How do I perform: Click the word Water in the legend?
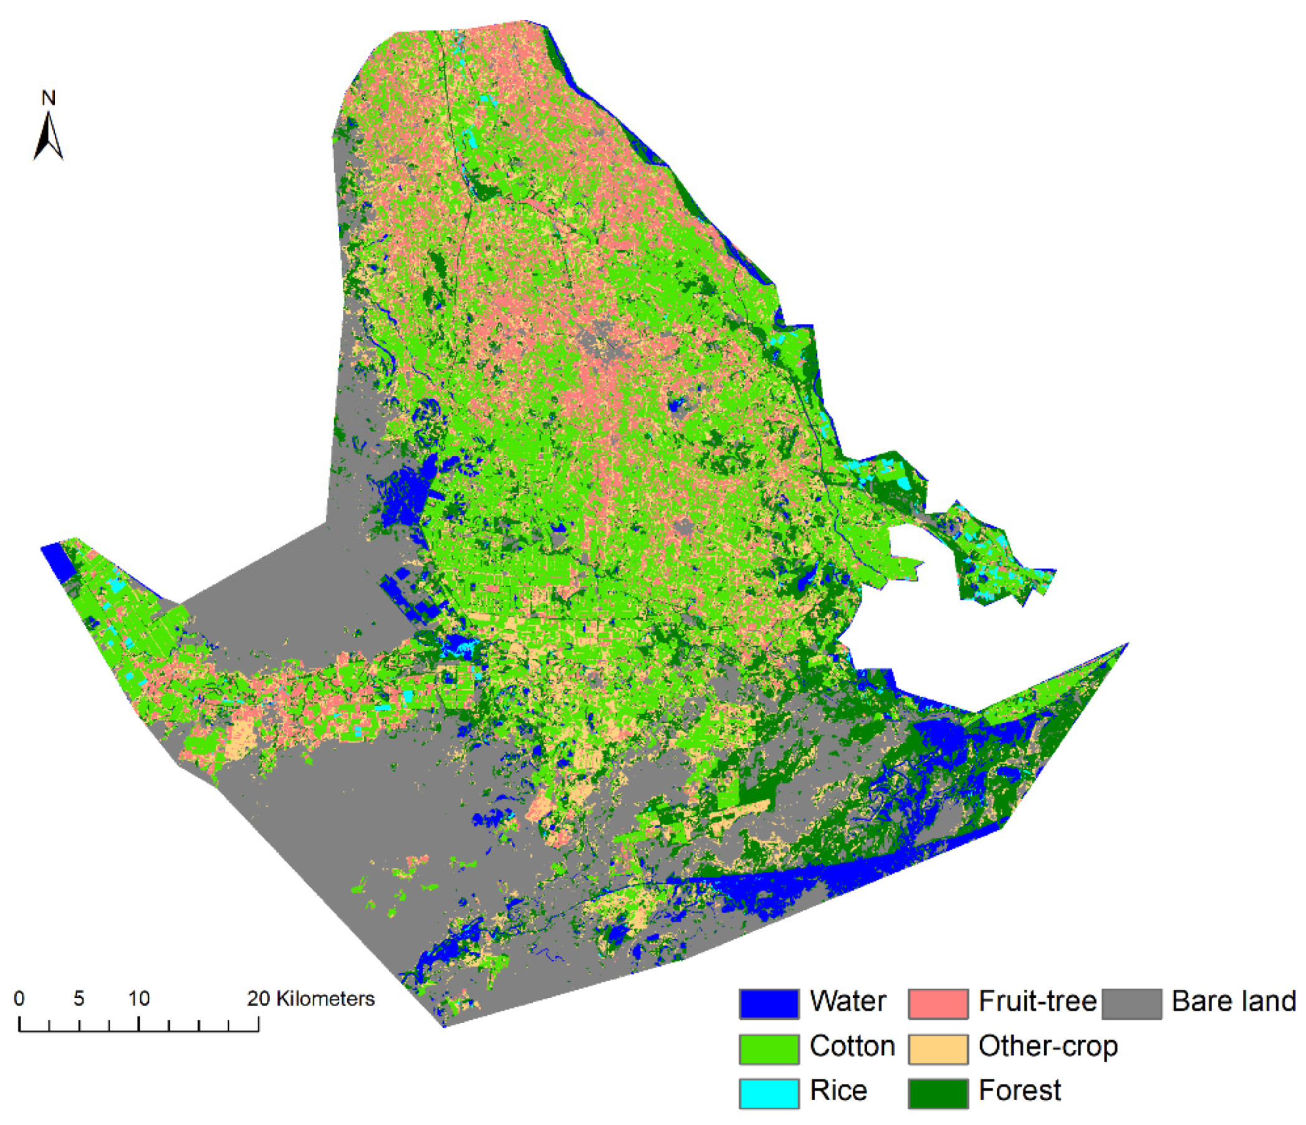click(848, 1002)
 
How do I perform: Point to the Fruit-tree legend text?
click(1037, 1002)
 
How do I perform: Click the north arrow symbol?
click(49, 136)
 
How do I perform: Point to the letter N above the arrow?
click(49, 98)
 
